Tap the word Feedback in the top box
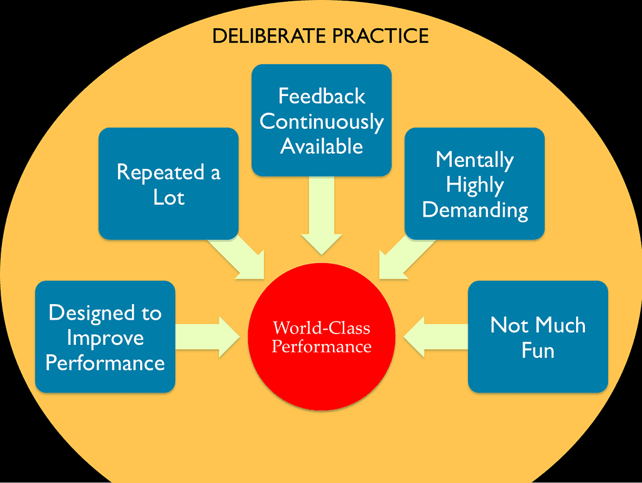tap(322, 96)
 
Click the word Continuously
tap(322, 122)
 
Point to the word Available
tap(322, 146)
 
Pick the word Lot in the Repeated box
tap(169, 197)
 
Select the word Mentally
tap(474, 160)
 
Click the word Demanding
tap(474, 210)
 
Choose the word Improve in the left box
tap(105, 338)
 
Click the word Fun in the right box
tap(538, 350)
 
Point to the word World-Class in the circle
tap(322, 328)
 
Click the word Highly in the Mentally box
tap(474, 185)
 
